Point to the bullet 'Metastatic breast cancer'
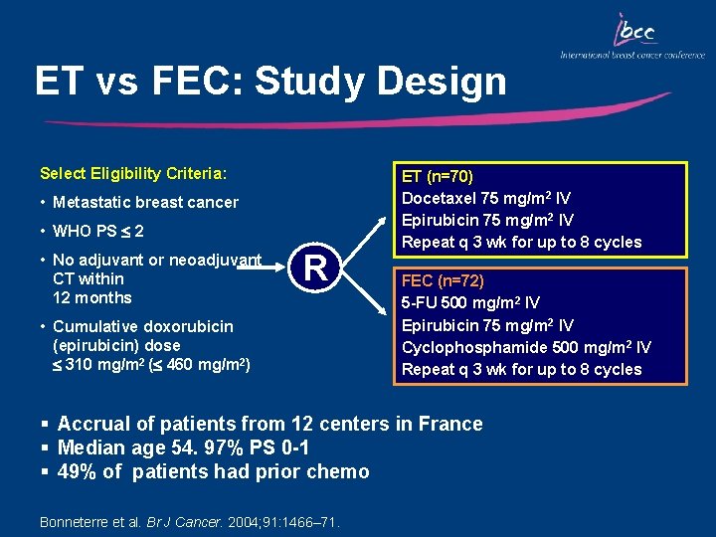click(x=145, y=203)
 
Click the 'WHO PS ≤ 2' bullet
click(x=98, y=232)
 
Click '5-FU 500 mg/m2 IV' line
click(x=470, y=302)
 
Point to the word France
click(x=450, y=424)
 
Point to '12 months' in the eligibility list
click(x=92, y=297)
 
